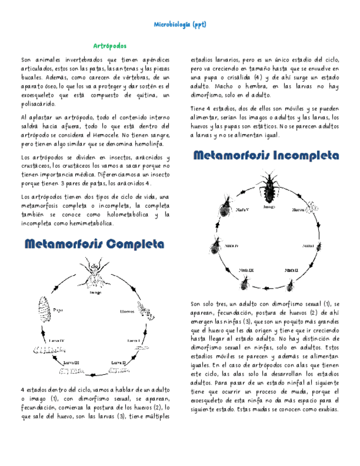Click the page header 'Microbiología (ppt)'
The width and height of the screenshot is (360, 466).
180,25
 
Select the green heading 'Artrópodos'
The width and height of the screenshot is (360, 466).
109,46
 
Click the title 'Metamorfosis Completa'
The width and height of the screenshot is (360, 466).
94,243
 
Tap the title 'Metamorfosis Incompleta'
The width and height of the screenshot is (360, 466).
266,156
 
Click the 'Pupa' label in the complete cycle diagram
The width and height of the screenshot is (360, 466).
58,310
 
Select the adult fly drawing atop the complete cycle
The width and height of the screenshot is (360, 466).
95,270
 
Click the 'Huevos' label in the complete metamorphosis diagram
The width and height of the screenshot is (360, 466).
128,312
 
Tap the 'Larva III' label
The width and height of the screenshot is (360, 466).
72,363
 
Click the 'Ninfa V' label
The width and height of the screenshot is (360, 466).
242,210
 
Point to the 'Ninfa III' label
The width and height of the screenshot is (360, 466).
246,270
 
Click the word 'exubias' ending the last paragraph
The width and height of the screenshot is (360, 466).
325,409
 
